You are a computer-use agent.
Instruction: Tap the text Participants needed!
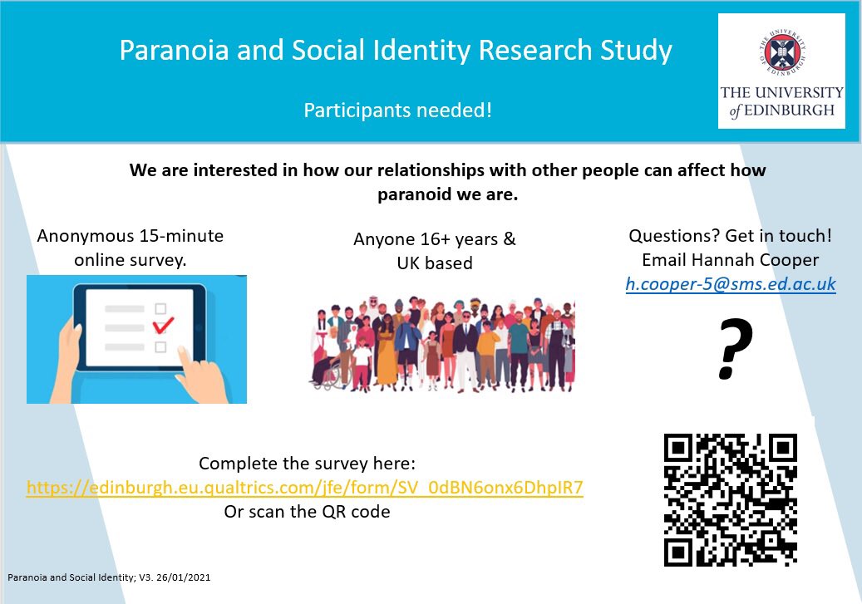pos(397,109)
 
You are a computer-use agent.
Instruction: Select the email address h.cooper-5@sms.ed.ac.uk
pos(731,284)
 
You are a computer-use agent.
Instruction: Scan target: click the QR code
pos(731,500)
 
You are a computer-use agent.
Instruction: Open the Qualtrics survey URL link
pos(305,488)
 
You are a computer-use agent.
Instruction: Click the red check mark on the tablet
pos(165,323)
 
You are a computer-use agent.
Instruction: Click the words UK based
pos(435,263)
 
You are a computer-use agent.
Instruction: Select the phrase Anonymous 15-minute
pos(131,236)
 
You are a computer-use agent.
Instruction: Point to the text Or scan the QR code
pos(307,512)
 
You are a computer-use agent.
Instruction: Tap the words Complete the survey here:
pos(307,464)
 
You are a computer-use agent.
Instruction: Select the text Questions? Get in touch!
pos(731,235)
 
